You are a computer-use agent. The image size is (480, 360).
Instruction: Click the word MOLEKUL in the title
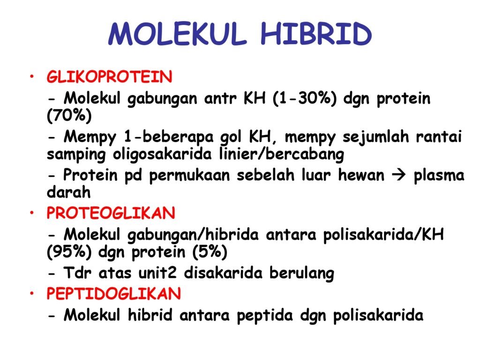pos(178,33)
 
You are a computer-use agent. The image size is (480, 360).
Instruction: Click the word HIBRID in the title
pos(316,33)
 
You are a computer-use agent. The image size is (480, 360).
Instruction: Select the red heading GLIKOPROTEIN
pos(109,76)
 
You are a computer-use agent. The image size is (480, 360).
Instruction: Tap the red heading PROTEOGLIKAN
pos(111,213)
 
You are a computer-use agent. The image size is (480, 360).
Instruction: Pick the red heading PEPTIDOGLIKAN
pos(113,293)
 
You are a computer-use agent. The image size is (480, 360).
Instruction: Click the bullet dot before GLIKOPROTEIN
pos(32,76)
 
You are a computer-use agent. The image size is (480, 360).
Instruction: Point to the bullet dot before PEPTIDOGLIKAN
pos(32,293)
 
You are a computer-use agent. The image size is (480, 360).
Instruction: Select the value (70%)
pos(69,116)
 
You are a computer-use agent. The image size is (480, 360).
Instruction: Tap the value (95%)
pos(69,252)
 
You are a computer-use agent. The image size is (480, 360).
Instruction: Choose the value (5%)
pos(210,252)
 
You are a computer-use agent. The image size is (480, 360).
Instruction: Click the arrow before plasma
pos(398,175)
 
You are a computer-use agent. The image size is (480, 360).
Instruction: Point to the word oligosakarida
pos(162,154)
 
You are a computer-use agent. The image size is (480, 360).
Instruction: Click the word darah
pos(68,192)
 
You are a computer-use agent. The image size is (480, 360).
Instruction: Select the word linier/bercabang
pos(282,154)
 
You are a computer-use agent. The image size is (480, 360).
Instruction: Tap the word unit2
pos(157,272)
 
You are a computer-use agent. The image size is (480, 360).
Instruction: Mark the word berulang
pos(301,273)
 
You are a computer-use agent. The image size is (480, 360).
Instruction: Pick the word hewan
pos(361,175)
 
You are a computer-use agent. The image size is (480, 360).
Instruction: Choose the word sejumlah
pos(375,137)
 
